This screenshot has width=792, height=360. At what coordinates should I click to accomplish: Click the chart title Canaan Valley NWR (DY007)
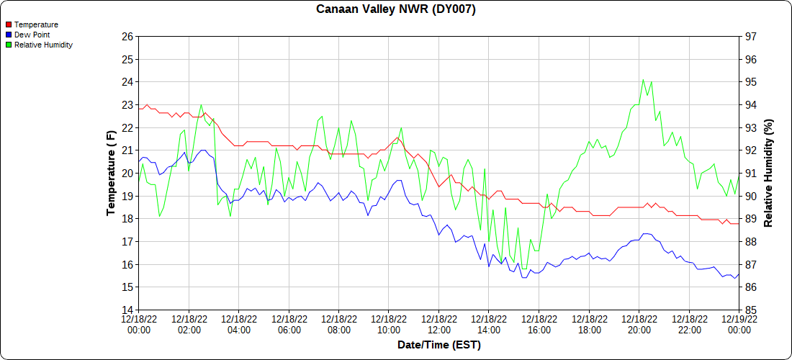396,9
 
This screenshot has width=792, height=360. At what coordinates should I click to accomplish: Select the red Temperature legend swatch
8,24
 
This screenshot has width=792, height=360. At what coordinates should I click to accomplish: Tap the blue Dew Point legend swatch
8,35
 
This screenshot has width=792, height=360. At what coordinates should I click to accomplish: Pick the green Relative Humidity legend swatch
8,45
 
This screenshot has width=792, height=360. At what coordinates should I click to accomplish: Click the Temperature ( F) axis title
111,173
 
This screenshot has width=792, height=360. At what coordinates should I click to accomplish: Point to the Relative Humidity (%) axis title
768,173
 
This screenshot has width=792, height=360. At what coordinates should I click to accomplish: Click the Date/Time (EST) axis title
438,345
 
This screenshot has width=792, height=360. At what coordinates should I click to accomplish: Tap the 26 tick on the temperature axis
127,37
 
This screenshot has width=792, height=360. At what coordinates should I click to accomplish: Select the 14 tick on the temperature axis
127,310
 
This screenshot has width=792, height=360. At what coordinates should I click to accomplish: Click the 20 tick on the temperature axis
127,174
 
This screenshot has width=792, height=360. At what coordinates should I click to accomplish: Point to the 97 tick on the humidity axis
750,37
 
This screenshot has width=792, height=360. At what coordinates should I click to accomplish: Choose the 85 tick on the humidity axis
750,310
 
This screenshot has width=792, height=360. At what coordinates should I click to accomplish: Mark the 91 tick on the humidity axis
750,174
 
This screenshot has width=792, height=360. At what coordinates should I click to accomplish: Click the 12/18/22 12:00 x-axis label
438,324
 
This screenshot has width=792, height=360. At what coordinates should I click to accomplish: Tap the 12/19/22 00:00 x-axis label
739,324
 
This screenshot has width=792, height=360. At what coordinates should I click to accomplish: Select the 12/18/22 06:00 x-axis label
289,324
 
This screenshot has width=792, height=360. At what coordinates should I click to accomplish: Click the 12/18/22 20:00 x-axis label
639,324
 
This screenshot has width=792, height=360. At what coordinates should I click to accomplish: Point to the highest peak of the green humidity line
643,80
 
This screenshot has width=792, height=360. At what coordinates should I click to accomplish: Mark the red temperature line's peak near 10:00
397,138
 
